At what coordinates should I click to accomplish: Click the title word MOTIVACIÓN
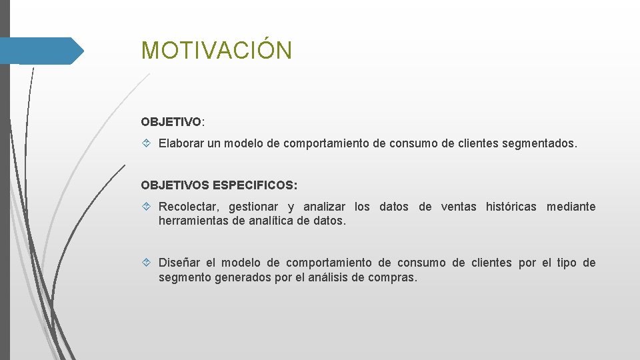pos(216,51)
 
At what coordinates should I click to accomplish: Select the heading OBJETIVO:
pos(173,122)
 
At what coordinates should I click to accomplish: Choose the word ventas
pos(459,207)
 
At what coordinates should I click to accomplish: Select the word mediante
pos(571,207)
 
